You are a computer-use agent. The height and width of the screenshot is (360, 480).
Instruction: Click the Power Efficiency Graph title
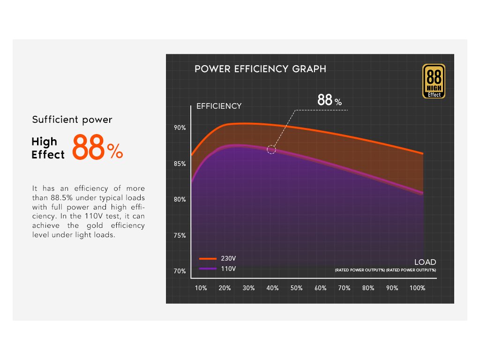tap(260, 69)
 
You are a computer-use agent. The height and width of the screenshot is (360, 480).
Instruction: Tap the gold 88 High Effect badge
tap(434, 82)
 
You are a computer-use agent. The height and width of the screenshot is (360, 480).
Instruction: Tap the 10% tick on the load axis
tap(201, 288)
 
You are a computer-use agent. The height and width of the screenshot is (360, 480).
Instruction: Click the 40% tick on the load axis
tap(272, 288)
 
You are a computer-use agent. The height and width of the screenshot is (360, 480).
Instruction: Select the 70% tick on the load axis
tap(344, 288)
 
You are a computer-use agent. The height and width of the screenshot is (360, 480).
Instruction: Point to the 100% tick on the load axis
tap(417, 288)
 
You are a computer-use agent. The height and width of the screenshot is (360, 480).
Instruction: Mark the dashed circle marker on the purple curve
tap(271, 150)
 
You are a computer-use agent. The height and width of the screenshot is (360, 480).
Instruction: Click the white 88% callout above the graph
tap(330, 100)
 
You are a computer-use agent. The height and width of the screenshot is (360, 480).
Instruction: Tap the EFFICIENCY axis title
tap(219, 106)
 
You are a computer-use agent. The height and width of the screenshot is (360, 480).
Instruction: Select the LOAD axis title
tap(425, 262)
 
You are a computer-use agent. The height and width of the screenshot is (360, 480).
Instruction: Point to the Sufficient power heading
tap(72, 120)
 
